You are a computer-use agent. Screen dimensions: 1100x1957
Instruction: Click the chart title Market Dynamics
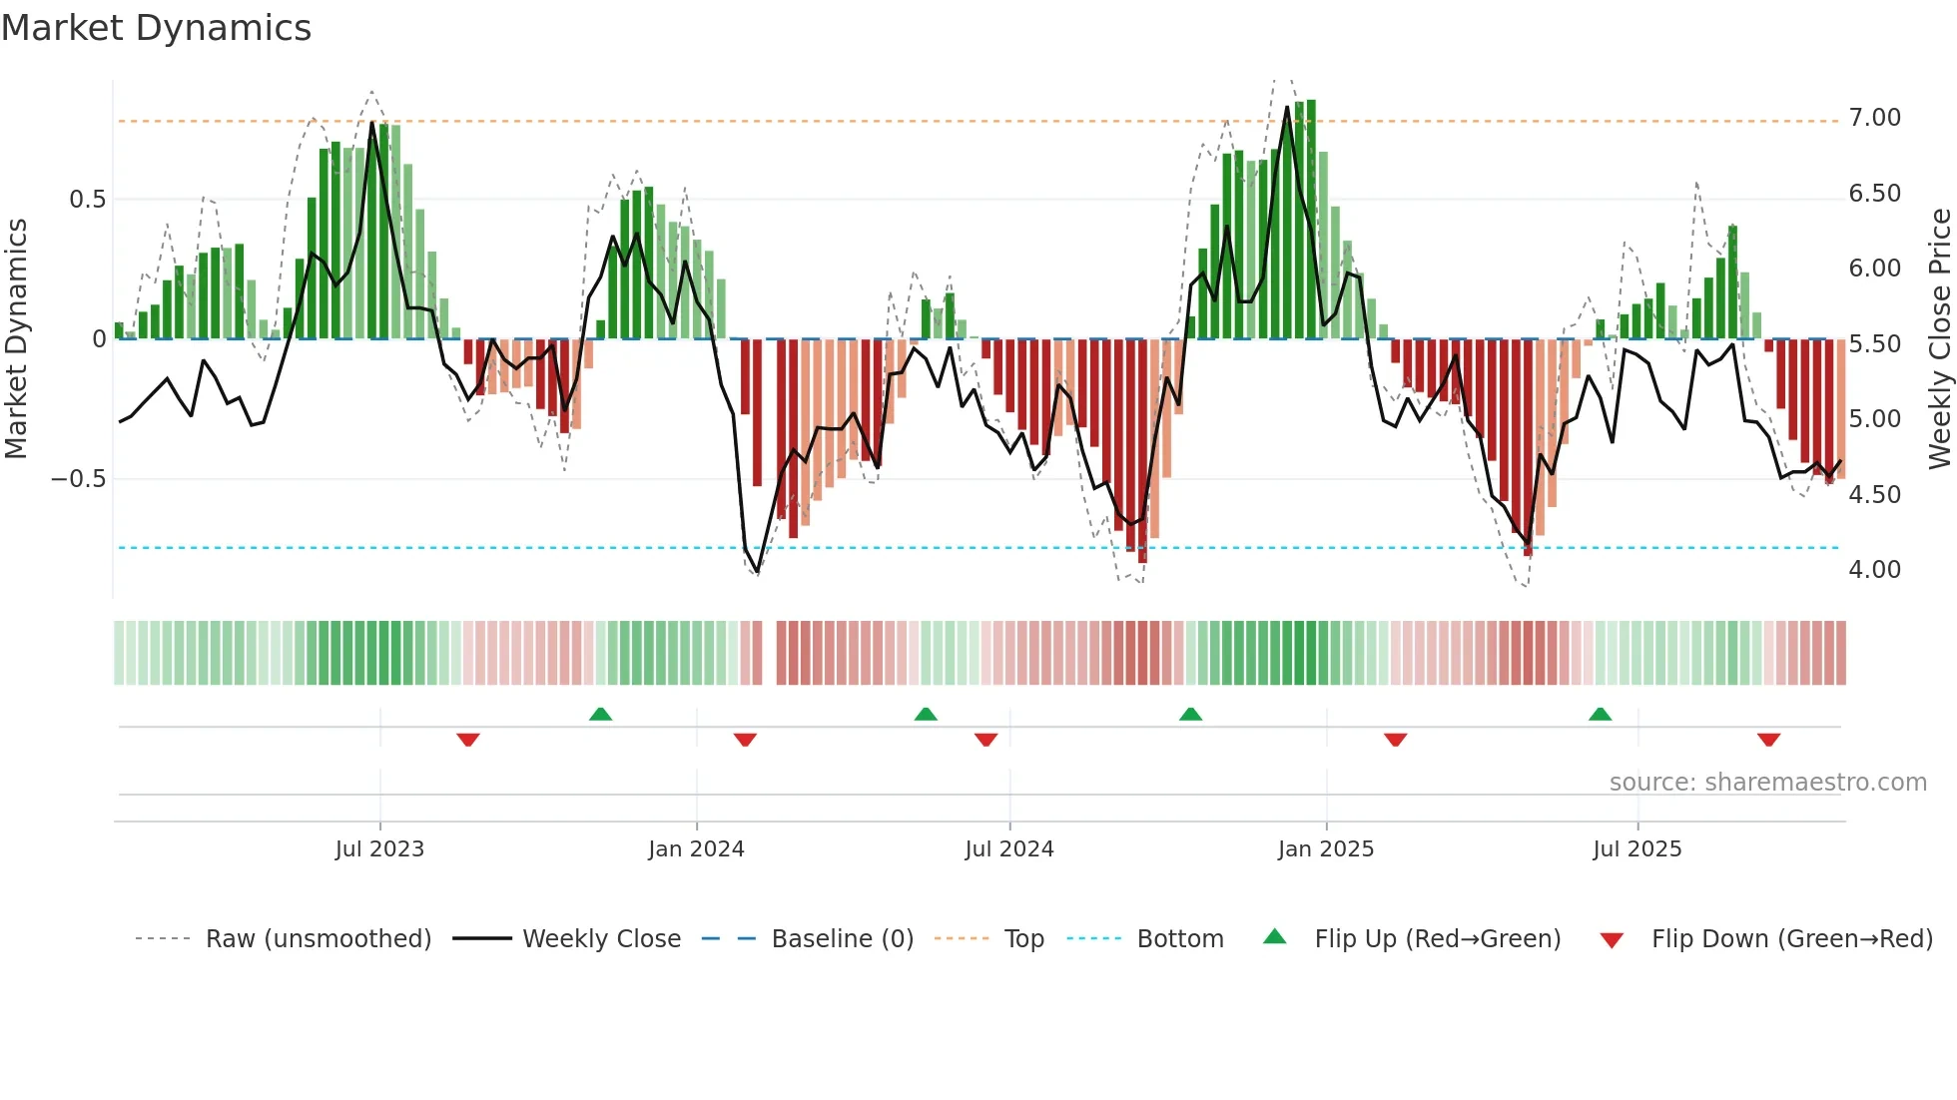(157, 28)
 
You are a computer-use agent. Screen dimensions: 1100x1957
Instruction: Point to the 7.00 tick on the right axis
(1874, 118)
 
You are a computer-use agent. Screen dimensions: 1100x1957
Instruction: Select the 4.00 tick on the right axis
(1874, 570)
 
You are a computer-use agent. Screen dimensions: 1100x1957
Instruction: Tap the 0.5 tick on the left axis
(87, 200)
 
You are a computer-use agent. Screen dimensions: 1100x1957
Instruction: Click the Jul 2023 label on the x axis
(379, 849)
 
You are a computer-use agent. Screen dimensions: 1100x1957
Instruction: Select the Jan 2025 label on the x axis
(1325, 849)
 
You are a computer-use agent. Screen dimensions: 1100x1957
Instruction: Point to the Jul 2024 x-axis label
(1008, 849)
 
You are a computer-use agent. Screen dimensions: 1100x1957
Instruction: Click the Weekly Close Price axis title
(1939, 338)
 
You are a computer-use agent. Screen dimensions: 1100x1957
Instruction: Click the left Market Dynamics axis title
(16, 338)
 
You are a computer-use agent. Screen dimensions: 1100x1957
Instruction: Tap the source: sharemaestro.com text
(1767, 783)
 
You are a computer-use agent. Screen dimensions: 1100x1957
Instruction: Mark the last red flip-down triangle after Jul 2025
(1768, 740)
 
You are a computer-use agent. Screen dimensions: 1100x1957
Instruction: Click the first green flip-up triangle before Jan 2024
(600, 714)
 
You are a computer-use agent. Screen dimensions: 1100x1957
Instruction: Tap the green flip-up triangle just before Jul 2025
(1600, 714)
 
